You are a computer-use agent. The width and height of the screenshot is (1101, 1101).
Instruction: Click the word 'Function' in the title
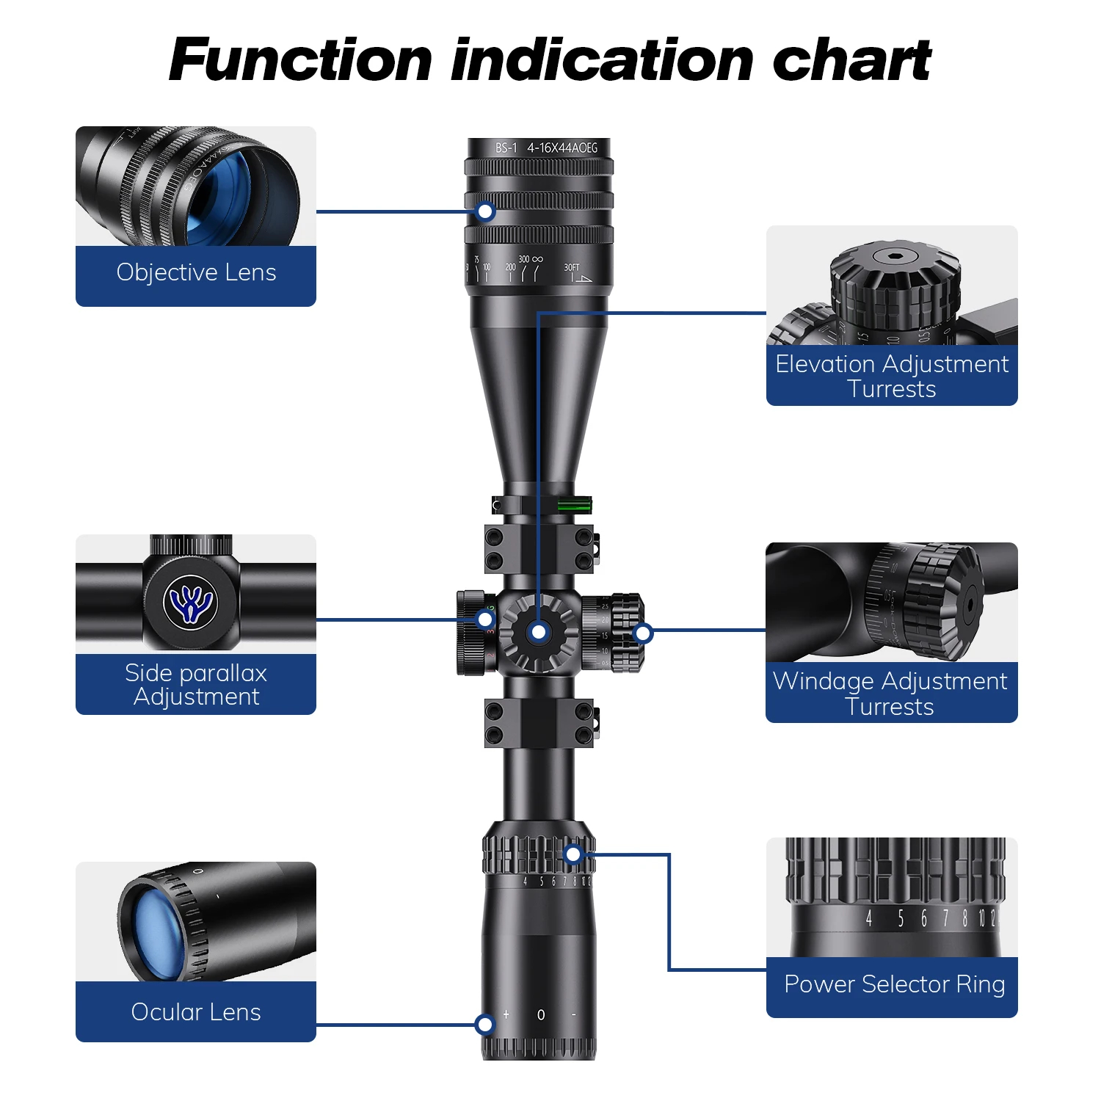[x=300, y=60]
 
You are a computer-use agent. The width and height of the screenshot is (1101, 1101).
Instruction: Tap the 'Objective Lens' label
[x=196, y=272]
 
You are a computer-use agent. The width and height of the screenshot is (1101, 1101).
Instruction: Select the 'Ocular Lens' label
[x=196, y=1012]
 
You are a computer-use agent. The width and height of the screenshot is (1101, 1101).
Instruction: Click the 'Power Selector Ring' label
[x=894, y=984]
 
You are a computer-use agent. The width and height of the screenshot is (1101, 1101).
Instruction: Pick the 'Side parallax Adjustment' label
[x=196, y=684]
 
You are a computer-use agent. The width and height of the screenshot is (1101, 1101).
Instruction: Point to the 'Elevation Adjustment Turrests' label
[x=892, y=376]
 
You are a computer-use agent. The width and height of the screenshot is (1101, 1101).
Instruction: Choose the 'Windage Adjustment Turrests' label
[x=890, y=694]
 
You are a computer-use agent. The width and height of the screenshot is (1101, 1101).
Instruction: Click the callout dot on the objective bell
[x=485, y=212]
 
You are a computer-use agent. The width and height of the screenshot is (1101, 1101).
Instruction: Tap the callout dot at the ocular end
[x=484, y=1025]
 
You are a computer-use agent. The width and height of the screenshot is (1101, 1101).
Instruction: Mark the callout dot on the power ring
[x=573, y=854]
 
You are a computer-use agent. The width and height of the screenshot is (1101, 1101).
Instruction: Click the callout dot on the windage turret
[x=643, y=633]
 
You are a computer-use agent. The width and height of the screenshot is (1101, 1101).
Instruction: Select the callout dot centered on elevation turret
[x=539, y=632]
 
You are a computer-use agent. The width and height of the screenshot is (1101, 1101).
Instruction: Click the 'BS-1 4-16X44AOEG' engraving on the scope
[x=546, y=148]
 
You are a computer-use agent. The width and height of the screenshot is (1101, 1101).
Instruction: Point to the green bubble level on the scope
[x=574, y=504]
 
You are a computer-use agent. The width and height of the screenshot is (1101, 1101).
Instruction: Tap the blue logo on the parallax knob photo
[x=191, y=603]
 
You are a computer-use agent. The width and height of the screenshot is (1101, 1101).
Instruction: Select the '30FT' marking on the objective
[x=572, y=268]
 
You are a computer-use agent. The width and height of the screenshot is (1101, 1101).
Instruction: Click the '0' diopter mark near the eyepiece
[x=541, y=1015]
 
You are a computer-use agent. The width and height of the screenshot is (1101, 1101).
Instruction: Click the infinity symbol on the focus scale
[x=537, y=259]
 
